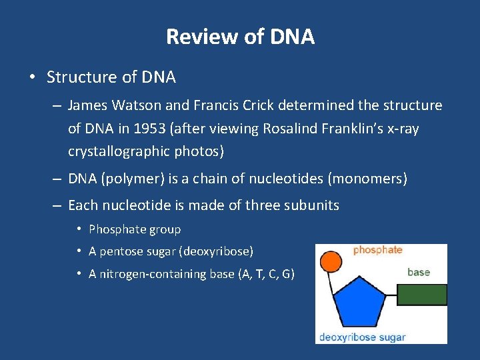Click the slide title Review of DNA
(x=240, y=36)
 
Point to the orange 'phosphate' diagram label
(x=377, y=250)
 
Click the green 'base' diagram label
(x=418, y=272)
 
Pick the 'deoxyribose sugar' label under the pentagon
(x=362, y=337)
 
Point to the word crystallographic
(x=121, y=151)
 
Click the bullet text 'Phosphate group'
(x=135, y=229)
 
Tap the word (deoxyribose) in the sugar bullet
(x=216, y=251)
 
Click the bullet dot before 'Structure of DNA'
(x=32, y=77)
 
